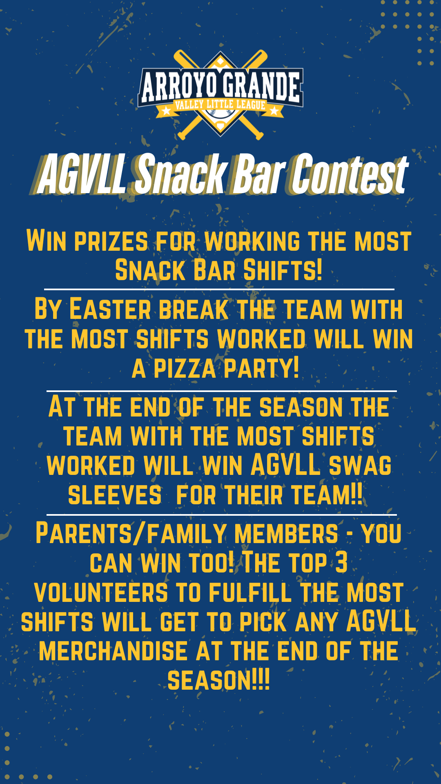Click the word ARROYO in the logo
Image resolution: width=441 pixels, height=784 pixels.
coord(179,87)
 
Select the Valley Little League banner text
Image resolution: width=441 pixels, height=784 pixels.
coord(220,105)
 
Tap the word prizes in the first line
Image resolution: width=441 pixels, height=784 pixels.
coord(111,241)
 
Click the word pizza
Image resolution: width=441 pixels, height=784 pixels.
coord(185,369)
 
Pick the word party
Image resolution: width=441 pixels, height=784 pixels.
coord(261,368)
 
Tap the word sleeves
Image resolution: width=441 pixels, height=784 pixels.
coord(115,495)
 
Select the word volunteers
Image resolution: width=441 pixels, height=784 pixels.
coord(101,592)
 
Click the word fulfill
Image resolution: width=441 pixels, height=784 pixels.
coord(250,592)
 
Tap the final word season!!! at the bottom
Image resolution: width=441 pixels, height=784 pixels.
coord(219,681)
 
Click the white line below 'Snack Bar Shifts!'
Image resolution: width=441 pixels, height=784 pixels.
coord(219,289)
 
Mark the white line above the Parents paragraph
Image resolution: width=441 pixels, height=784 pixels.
coord(222,514)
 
